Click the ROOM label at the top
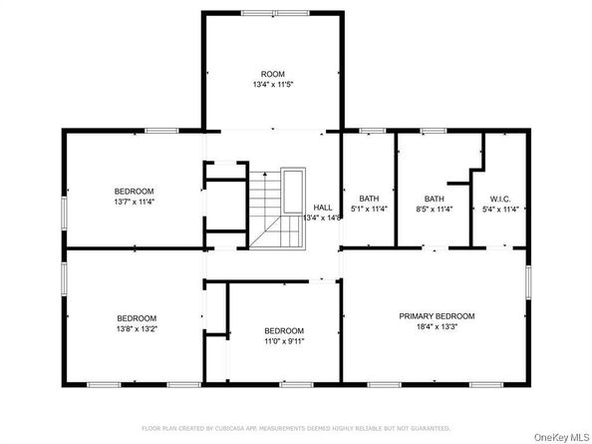coord(272,74)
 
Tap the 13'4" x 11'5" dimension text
coord(272,85)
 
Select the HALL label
coord(323,207)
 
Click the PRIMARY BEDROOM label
coord(437,316)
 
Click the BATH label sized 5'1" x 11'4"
coord(369,199)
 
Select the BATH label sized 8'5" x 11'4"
coord(434,199)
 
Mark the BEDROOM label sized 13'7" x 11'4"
coord(134,191)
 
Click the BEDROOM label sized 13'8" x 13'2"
coord(137,318)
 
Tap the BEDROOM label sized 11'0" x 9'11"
coord(284,331)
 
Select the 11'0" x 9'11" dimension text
coord(284,341)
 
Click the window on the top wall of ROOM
coord(272,12)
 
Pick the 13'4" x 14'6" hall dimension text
coord(323,218)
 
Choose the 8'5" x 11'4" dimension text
coord(434,210)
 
